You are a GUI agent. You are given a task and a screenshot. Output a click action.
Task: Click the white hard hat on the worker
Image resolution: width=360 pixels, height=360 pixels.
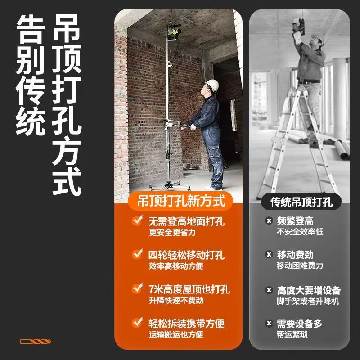(x=212, y=85)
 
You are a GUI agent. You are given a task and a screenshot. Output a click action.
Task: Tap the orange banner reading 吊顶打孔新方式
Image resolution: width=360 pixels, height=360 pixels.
(x=180, y=201)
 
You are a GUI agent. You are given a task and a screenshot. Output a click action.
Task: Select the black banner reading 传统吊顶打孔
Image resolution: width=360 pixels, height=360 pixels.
(x=301, y=202)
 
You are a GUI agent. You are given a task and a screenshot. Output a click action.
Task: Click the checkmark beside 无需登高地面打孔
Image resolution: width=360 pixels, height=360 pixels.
(x=137, y=220)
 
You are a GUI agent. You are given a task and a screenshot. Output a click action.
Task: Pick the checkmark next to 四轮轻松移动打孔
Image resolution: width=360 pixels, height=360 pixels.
(x=137, y=254)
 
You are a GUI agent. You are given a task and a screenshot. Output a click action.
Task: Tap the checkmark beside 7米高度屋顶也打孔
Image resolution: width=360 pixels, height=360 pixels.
(x=137, y=288)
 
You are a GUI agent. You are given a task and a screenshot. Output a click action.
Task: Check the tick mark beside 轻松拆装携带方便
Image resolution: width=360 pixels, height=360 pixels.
(x=137, y=323)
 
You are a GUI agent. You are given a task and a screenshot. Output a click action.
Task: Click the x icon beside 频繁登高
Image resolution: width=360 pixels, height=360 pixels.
(x=269, y=220)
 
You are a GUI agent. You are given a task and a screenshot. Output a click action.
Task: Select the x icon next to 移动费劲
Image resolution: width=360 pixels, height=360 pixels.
(x=269, y=254)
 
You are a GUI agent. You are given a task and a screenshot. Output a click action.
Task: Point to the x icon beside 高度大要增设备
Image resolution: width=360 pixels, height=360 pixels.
(x=269, y=290)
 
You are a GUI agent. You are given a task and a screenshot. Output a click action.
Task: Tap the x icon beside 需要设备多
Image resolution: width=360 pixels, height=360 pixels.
(x=269, y=324)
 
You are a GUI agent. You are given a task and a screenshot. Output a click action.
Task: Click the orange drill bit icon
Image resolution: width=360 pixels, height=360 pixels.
(x=36, y=342)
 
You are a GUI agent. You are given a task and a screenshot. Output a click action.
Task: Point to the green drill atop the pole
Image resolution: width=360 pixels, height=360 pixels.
(x=174, y=31)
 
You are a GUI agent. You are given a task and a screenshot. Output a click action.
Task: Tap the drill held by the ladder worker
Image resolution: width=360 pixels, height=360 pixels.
(x=299, y=26)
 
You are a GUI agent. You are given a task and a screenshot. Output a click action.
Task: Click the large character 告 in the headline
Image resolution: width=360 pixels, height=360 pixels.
(x=30, y=29)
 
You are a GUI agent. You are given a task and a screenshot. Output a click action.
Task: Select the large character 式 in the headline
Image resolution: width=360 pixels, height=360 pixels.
(x=67, y=181)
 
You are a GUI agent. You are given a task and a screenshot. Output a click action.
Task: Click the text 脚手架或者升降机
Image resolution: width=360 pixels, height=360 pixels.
(x=308, y=301)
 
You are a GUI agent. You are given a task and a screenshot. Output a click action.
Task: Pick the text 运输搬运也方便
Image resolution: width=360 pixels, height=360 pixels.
(x=176, y=334)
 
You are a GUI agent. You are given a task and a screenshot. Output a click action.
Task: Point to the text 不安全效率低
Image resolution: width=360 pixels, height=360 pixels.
(x=300, y=232)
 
